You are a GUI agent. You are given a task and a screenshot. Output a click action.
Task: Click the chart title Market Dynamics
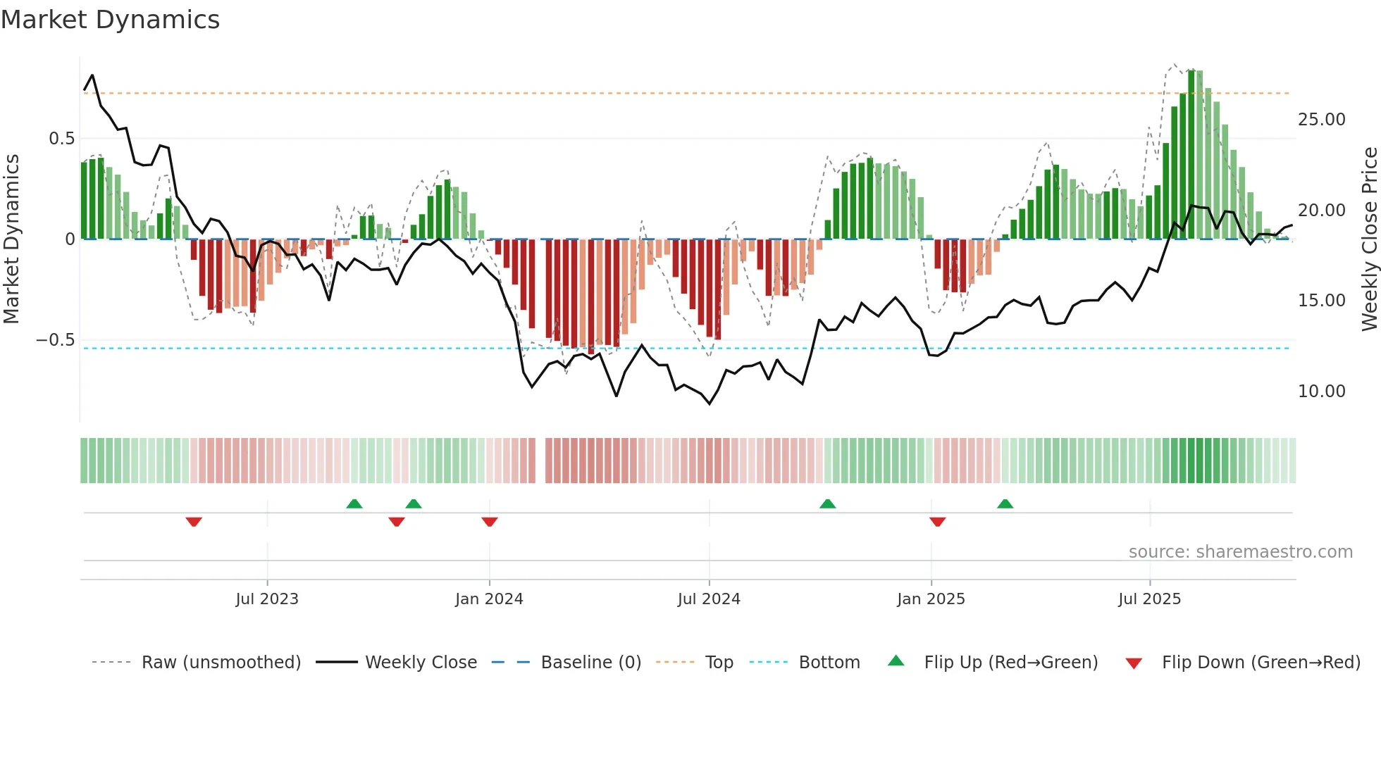tap(111, 20)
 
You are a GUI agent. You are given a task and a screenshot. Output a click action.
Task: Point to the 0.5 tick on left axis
tap(61, 139)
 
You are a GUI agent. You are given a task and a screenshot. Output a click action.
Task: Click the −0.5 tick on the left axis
tap(56, 340)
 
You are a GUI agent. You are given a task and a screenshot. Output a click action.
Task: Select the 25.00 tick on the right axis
tap(1321, 120)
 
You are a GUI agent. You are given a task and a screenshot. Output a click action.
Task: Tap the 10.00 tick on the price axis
tap(1321, 392)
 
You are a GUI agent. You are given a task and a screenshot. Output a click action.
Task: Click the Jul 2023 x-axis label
tap(267, 599)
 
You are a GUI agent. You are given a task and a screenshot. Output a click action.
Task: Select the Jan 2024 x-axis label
tap(489, 599)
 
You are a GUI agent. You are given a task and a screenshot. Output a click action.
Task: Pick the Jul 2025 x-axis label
tap(1149, 599)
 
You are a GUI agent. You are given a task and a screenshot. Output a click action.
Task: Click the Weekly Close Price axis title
tap(1369, 239)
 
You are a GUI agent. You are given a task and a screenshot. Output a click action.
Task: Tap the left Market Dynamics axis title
tap(11, 239)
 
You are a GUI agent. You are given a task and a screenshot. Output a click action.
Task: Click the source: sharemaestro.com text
tap(1240, 552)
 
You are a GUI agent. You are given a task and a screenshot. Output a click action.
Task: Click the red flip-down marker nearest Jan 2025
tap(937, 522)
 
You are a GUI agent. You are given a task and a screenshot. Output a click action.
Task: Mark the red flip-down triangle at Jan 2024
tap(490, 522)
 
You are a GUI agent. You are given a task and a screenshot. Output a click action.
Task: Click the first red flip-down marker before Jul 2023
tap(194, 522)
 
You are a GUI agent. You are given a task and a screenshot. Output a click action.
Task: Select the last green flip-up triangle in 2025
tap(1005, 503)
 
